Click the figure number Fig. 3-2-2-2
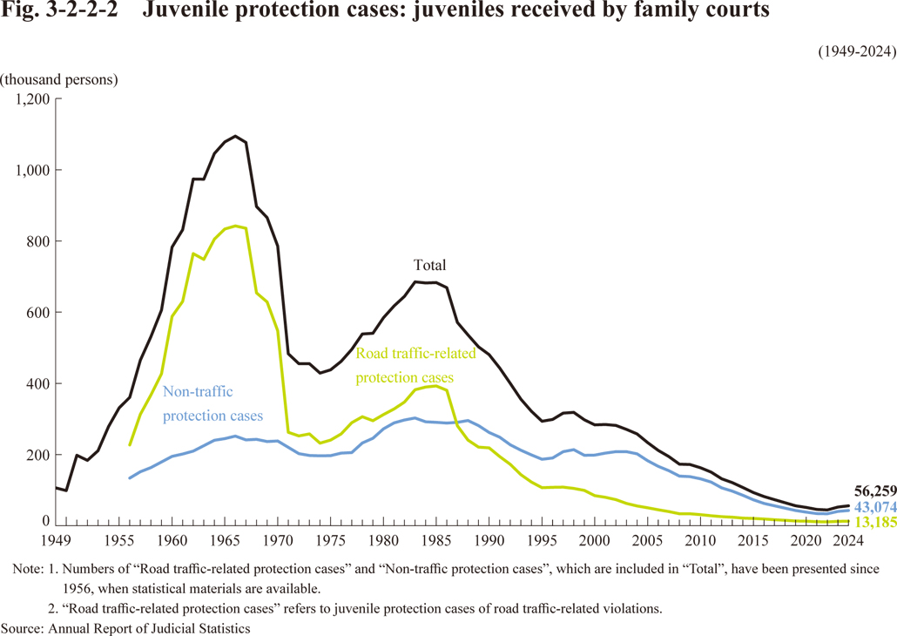(x=60, y=11)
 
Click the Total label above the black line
(x=428, y=265)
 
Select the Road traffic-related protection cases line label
(x=416, y=365)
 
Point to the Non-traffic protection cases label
(x=212, y=403)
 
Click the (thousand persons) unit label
(x=58, y=79)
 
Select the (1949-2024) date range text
(x=857, y=51)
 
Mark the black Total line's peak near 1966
(x=236, y=136)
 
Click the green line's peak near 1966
(x=236, y=226)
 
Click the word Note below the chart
(x=28, y=568)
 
